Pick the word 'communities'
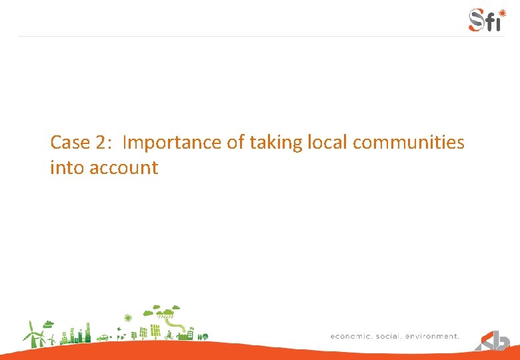[x=409, y=143]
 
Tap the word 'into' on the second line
[x=64, y=167]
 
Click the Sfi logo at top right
[x=485, y=19]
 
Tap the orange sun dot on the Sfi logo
[x=502, y=12]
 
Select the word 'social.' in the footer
[x=389, y=337]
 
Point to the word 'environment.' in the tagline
[x=434, y=337]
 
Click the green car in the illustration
[x=103, y=338]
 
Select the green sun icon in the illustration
[x=129, y=317]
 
